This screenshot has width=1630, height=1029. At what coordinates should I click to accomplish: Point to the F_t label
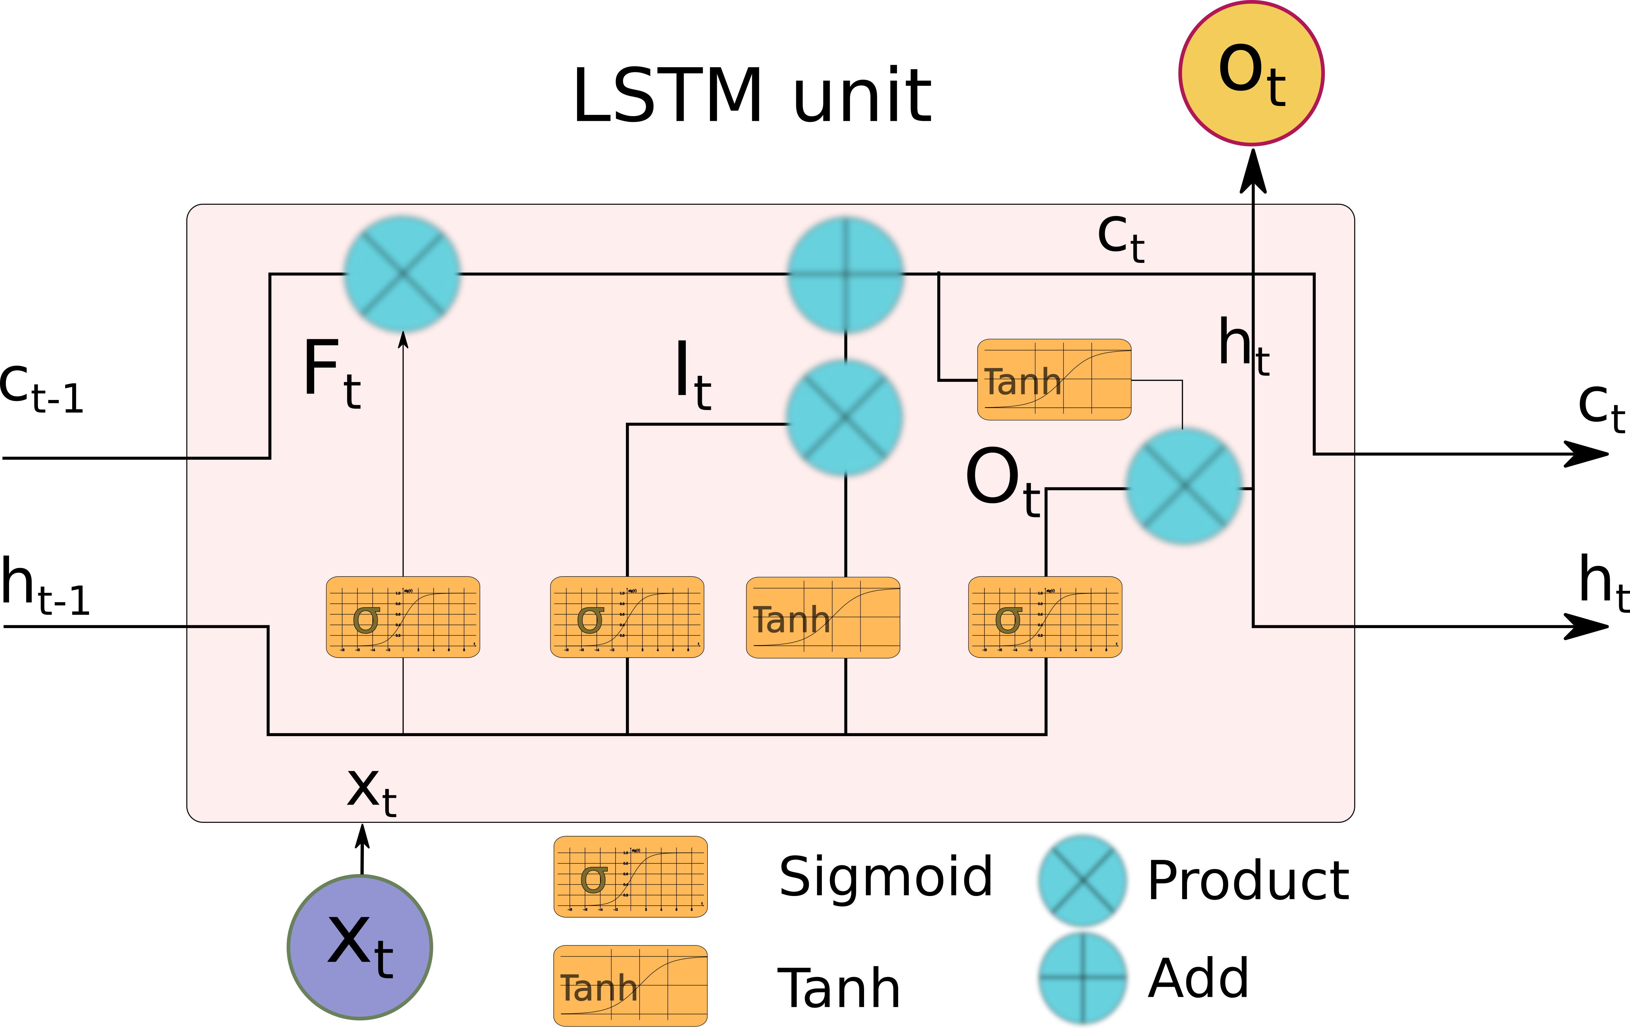tap(332, 373)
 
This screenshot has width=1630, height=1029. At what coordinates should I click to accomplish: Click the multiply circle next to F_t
tap(403, 274)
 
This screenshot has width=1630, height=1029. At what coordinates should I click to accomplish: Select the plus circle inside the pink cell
tap(845, 274)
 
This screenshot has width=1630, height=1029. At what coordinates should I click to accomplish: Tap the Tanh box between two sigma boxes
tap(823, 617)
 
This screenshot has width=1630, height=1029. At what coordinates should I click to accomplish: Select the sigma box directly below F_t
tap(403, 617)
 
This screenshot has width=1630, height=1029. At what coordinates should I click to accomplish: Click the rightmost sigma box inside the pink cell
tap(1045, 617)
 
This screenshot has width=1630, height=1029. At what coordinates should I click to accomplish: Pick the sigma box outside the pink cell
tap(630, 877)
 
